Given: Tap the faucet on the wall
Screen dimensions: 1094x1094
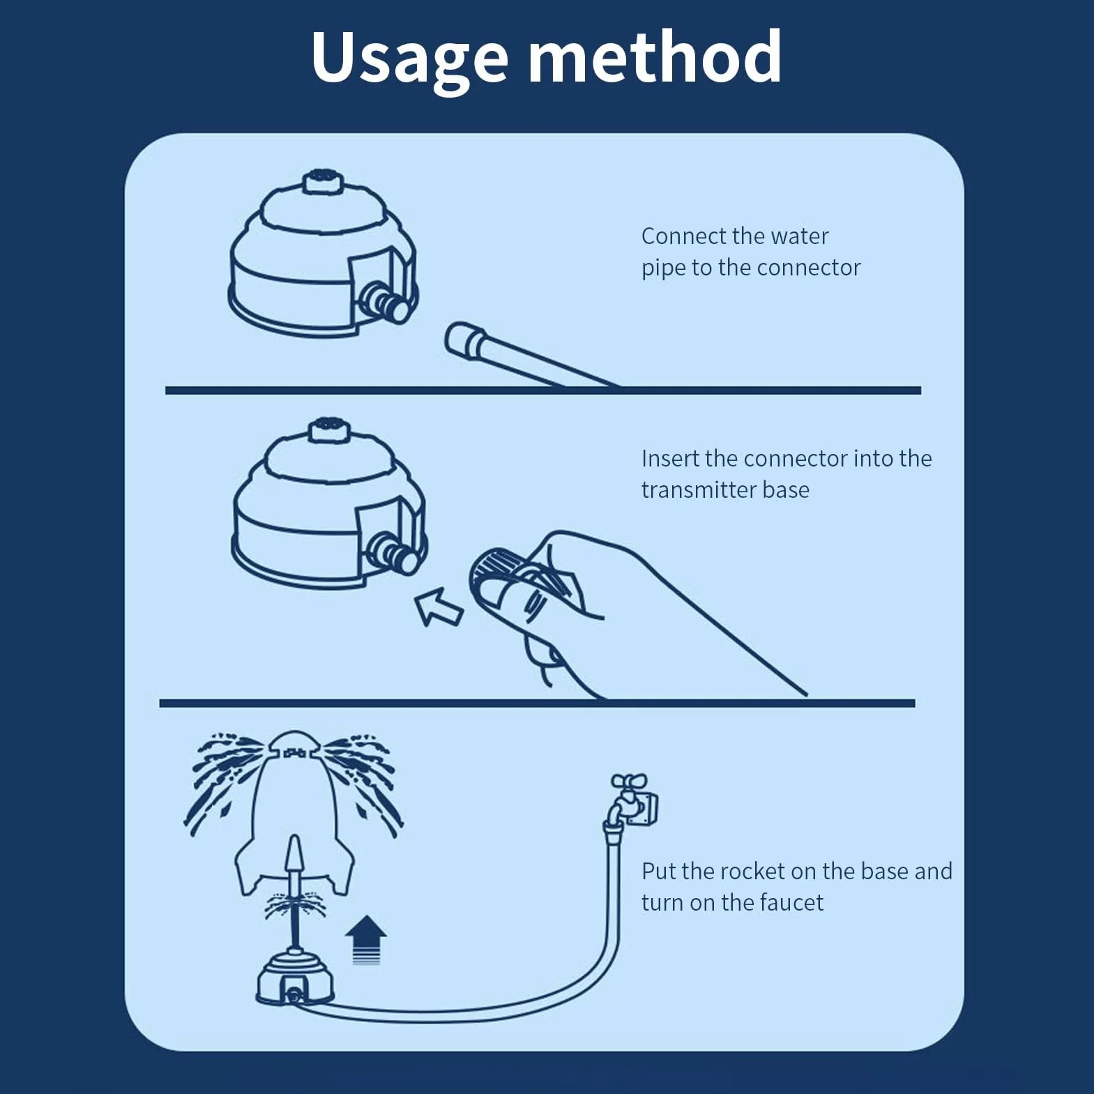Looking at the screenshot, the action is [x=633, y=800].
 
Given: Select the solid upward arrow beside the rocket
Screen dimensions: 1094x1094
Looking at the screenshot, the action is [x=366, y=940].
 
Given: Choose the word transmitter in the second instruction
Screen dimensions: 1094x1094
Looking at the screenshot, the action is [x=699, y=489].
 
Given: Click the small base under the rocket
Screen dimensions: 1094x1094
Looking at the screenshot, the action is [x=296, y=980].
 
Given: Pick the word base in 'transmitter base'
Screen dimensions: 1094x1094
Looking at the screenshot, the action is [x=786, y=489].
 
